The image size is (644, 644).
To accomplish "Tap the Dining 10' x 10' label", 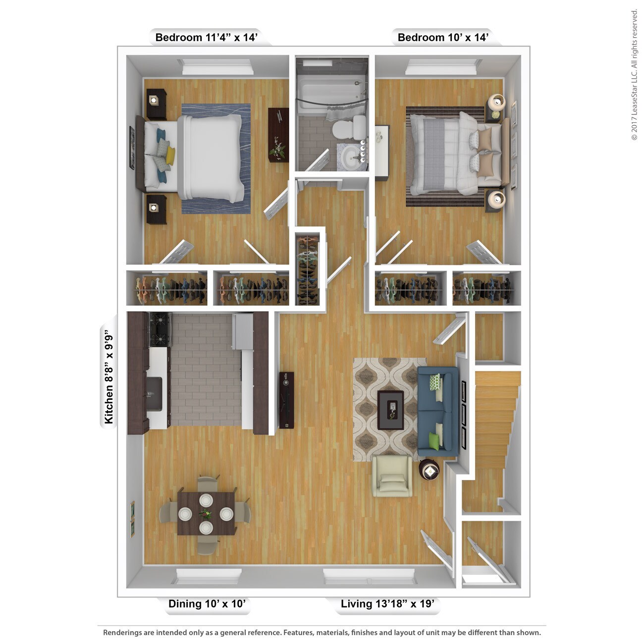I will [x=207, y=604].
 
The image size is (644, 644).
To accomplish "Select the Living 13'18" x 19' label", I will [x=387, y=604].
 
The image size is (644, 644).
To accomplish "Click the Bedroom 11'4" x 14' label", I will [x=206, y=38].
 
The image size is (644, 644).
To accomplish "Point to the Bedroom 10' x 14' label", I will [x=443, y=38].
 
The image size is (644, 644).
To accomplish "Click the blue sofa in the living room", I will [x=437, y=411].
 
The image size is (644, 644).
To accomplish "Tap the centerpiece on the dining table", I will [x=206, y=514].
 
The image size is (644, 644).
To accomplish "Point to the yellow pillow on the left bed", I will [x=170, y=155].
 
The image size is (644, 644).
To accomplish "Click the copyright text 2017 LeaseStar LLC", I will [x=634, y=74].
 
